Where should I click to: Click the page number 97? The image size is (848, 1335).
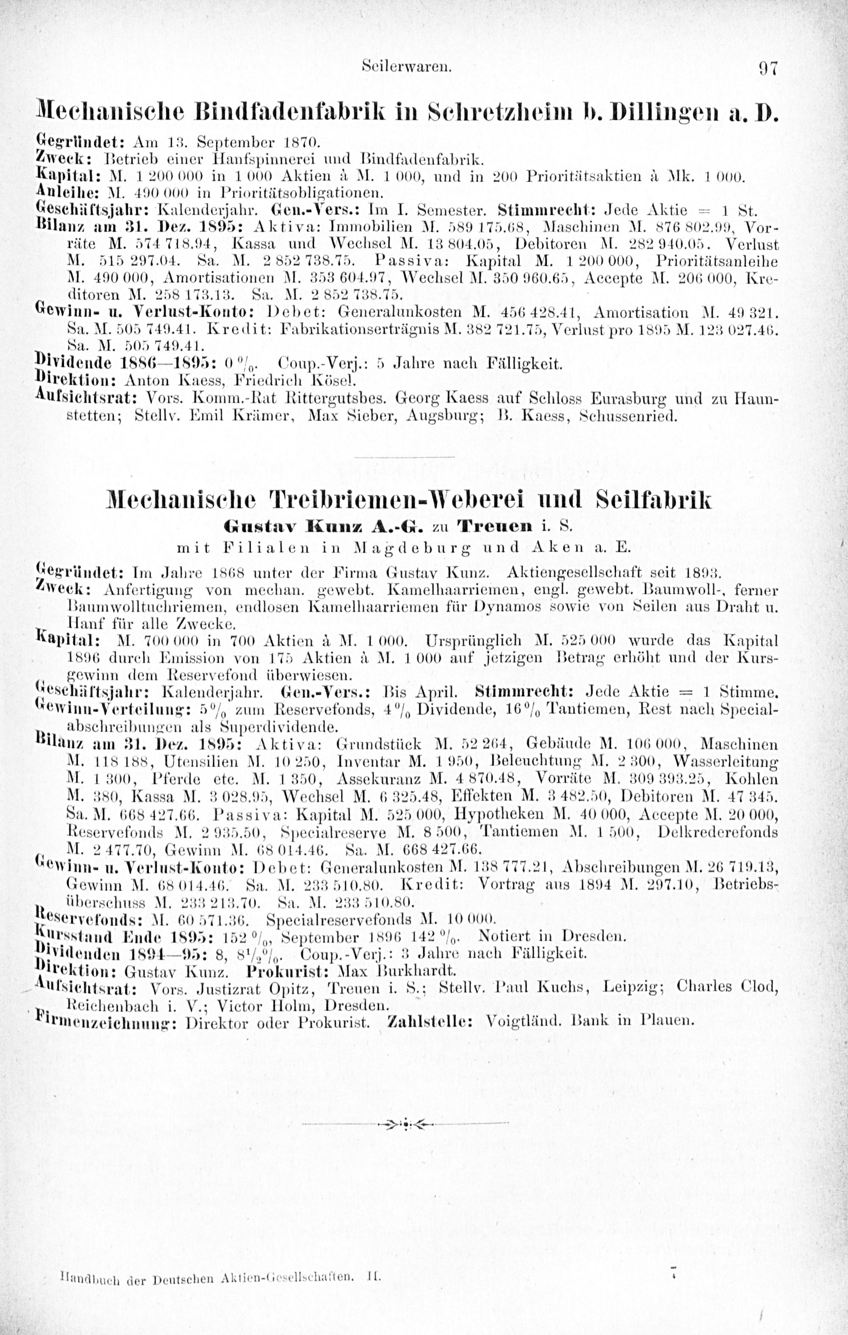(x=769, y=68)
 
